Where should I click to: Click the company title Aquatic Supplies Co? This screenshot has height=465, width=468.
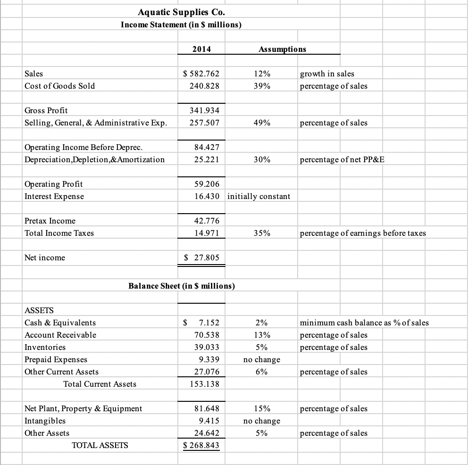181,13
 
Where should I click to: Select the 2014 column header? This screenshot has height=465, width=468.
201,49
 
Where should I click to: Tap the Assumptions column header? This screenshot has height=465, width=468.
282,49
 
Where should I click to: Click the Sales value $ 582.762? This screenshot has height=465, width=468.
201,74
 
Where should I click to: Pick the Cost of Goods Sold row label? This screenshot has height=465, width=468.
59,86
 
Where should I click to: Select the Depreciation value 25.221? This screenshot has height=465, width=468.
207,159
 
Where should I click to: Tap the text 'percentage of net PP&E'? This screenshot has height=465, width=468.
342,159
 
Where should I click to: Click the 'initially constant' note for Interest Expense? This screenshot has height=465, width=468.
259,196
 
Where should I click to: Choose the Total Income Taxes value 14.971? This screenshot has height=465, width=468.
207,233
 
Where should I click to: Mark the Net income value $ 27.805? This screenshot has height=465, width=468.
201,257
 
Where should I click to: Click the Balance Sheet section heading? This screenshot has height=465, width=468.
182,286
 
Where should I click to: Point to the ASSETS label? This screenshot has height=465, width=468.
39,310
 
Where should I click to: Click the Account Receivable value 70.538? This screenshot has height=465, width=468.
207,335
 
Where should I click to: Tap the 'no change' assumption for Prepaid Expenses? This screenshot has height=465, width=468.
262,359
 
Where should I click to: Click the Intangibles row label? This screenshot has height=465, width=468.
45,421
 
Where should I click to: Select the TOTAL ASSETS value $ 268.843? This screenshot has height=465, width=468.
201,445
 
